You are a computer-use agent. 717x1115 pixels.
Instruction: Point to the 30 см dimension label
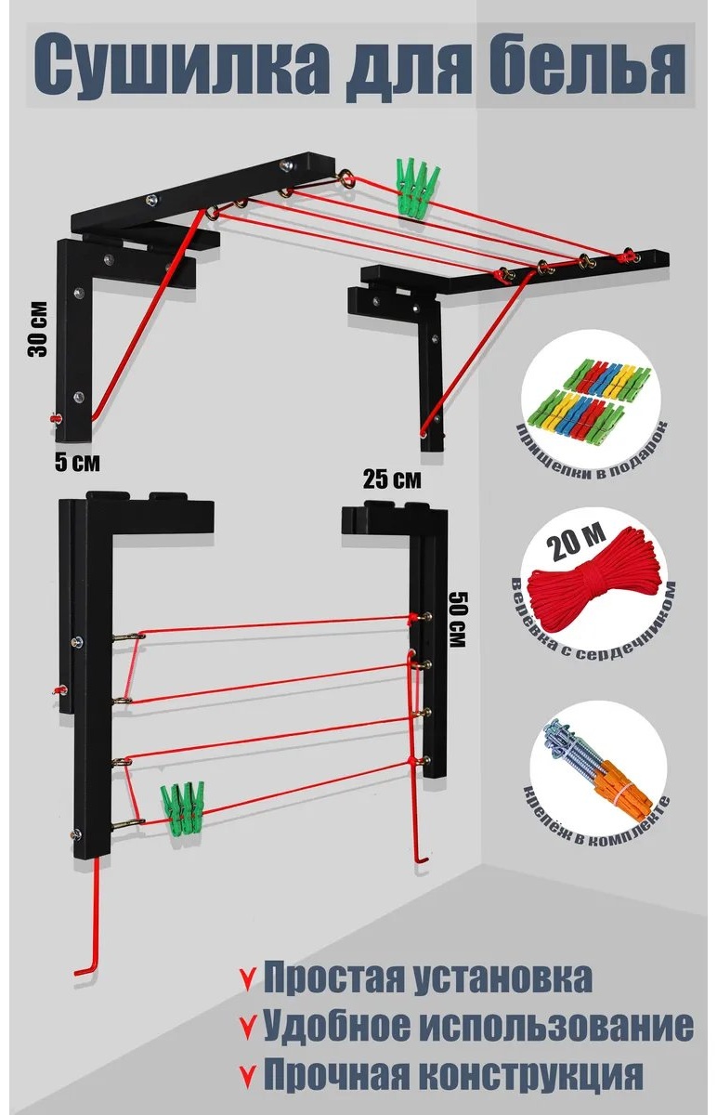click(38, 329)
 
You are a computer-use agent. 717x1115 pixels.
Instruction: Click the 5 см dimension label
click(77, 462)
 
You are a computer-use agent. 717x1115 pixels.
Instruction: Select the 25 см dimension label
click(392, 479)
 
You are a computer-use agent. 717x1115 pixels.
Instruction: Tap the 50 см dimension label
click(457, 619)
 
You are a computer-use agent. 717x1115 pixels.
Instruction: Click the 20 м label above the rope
click(577, 540)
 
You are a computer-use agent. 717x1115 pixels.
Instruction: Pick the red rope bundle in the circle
click(593, 590)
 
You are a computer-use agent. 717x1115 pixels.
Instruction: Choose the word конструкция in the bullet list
click(530, 1073)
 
